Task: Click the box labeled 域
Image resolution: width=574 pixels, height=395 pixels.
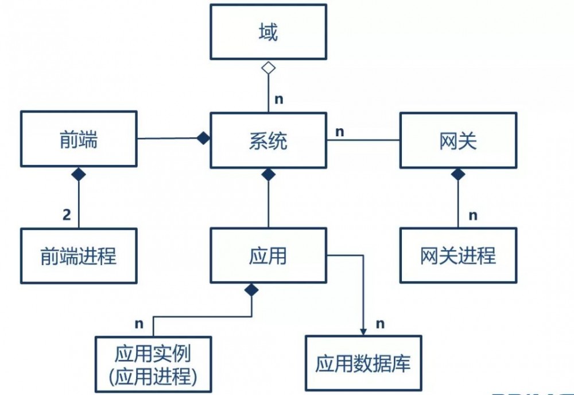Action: pyautogui.click(x=268, y=32)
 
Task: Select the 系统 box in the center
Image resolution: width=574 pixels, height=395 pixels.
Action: pyautogui.click(x=268, y=140)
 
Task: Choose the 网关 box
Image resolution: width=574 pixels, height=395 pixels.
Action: pyautogui.click(x=457, y=140)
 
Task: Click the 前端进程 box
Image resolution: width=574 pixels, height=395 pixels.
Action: pyautogui.click(x=79, y=256)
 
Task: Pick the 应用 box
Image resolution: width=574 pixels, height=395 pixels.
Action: pyautogui.click(x=268, y=256)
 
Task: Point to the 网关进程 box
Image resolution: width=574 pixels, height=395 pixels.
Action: pyautogui.click(x=457, y=256)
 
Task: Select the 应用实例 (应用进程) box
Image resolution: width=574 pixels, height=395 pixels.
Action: pyautogui.click(x=153, y=364)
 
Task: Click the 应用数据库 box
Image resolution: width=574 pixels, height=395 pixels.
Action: pyautogui.click(x=363, y=363)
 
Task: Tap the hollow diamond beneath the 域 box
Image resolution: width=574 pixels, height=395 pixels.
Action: pyautogui.click(x=268, y=68)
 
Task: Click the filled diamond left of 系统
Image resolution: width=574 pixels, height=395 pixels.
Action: pyautogui.click(x=203, y=138)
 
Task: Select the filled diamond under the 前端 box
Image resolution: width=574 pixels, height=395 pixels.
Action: pyautogui.click(x=79, y=174)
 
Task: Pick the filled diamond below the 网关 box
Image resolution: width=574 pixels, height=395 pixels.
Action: pyautogui.click(x=457, y=174)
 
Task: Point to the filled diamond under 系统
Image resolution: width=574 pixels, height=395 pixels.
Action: pyautogui.click(x=268, y=174)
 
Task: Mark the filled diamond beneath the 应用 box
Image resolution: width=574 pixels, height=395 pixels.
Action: pyautogui.click(x=251, y=290)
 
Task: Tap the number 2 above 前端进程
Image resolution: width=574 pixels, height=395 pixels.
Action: pyautogui.click(x=67, y=215)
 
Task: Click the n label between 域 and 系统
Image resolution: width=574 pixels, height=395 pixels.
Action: pyautogui.click(x=279, y=99)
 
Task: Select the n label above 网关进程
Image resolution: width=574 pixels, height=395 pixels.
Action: pyautogui.click(x=472, y=216)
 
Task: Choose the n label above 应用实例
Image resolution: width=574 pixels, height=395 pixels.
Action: pyautogui.click(x=138, y=323)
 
